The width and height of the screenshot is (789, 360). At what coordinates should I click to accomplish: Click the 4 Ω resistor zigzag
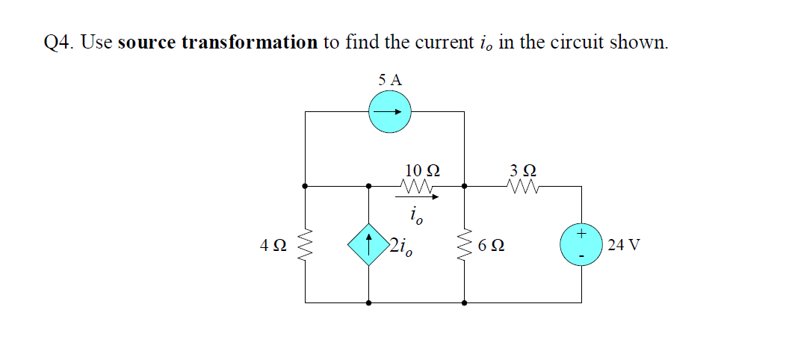pos(305,244)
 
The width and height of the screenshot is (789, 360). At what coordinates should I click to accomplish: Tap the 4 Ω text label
pos(273,245)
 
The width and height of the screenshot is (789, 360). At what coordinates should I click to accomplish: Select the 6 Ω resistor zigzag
pos(465,244)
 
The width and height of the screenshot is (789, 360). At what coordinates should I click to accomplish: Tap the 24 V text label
pos(624,245)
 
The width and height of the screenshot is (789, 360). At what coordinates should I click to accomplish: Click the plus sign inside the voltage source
pos(582,234)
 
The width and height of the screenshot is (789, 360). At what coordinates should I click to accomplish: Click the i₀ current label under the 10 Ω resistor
pos(416,217)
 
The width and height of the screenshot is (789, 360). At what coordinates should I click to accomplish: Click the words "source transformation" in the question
pos(217,42)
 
